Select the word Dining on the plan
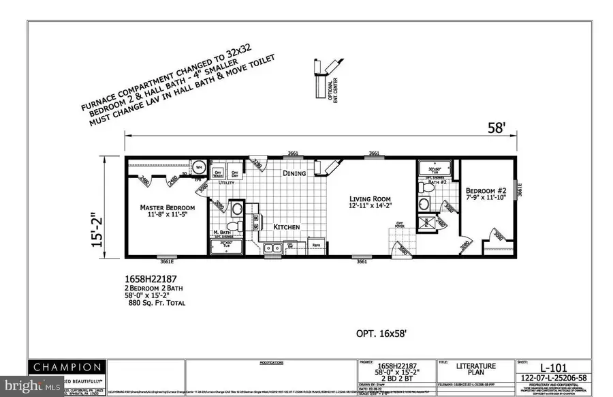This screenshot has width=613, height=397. pos(294,173)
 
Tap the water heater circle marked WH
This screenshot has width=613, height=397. pos(200,166)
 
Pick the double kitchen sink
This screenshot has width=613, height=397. pos(274,248)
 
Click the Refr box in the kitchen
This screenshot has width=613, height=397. pos(316,246)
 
